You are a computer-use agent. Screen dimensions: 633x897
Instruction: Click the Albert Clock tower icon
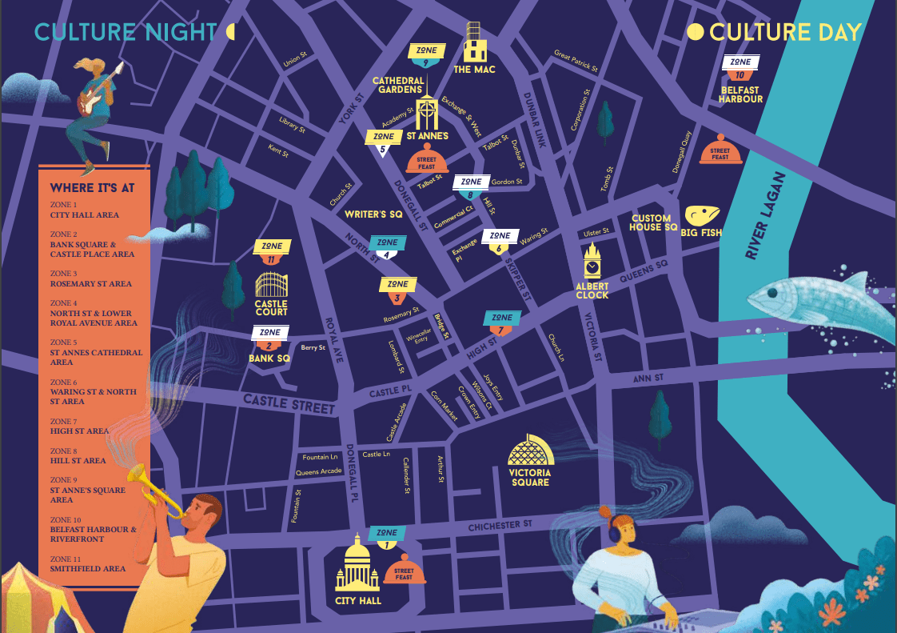[x=592, y=260]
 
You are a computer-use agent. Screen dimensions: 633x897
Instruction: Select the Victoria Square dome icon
[x=530, y=452]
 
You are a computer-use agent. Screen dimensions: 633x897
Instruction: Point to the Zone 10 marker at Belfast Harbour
[x=740, y=67]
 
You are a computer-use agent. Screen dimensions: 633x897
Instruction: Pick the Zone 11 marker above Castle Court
[x=271, y=251]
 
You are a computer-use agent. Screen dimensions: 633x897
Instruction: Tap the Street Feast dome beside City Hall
[x=404, y=570]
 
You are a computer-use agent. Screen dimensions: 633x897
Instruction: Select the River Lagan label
[x=765, y=215]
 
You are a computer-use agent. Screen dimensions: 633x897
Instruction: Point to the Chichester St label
[x=500, y=524]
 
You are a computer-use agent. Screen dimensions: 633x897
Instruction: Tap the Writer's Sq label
[x=373, y=214]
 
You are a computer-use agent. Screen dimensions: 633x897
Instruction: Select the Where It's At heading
[x=93, y=188]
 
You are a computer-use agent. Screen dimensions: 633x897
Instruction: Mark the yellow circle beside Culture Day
[x=696, y=32]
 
